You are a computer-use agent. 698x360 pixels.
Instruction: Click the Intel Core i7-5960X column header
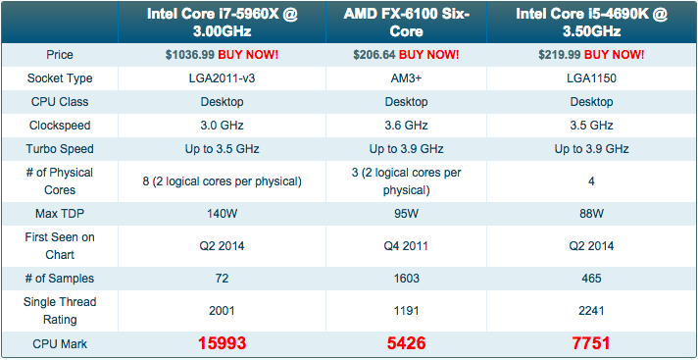tap(222, 23)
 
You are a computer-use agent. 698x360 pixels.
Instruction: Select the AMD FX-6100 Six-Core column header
tap(407, 23)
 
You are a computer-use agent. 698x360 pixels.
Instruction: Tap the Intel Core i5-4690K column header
tap(591, 23)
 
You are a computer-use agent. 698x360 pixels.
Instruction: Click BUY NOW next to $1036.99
tap(248, 55)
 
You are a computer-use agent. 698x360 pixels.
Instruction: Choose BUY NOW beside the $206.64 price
tap(428, 55)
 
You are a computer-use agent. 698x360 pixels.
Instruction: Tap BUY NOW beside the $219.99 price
tap(614, 55)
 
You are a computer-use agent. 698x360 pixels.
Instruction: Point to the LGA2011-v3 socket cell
tap(222, 78)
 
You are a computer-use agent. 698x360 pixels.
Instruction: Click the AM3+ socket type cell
tap(407, 78)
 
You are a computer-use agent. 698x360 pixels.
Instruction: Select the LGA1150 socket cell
tap(591, 78)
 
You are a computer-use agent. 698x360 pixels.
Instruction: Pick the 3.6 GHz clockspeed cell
tap(407, 126)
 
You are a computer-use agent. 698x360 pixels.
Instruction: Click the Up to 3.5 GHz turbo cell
tap(222, 149)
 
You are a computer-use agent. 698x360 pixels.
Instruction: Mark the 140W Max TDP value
tap(222, 214)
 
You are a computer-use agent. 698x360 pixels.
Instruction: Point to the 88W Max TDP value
tap(591, 214)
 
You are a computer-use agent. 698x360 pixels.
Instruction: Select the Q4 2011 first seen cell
tap(407, 246)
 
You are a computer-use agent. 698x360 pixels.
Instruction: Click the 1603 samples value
tap(407, 279)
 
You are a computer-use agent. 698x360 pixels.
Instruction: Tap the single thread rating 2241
tap(591, 311)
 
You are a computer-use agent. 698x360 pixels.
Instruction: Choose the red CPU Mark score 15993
tap(222, 343)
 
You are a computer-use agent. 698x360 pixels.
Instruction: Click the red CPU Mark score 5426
tap(407, 343)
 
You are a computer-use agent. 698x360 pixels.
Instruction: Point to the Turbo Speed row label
tap(59, 149)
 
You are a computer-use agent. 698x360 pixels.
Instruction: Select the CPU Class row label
tap(59, 102)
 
